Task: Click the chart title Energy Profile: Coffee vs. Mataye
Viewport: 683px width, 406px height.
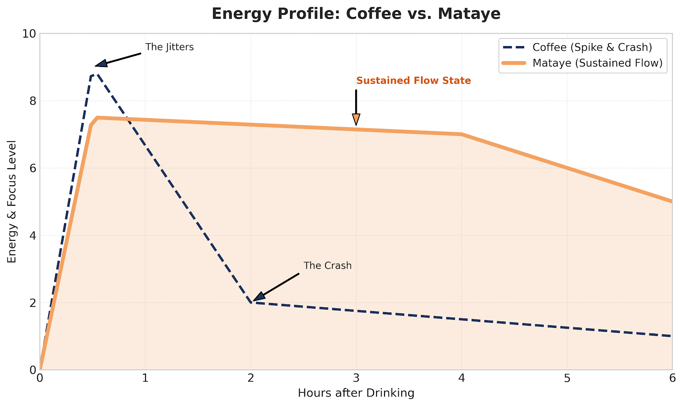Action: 356,14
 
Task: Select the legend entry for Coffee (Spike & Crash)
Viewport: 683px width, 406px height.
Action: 592,47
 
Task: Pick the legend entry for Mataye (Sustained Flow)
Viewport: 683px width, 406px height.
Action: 597,63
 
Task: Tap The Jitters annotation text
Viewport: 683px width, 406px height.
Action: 169,47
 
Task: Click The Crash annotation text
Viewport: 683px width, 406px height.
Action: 327,266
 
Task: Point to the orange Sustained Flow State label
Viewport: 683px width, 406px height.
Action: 413,81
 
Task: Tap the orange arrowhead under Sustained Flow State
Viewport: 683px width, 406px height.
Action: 356,120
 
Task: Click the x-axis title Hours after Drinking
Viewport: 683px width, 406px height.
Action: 356,393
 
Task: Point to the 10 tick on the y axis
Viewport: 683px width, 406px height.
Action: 31,34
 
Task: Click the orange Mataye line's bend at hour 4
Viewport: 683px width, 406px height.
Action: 461,134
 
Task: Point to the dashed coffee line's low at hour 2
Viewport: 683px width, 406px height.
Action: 251,302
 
